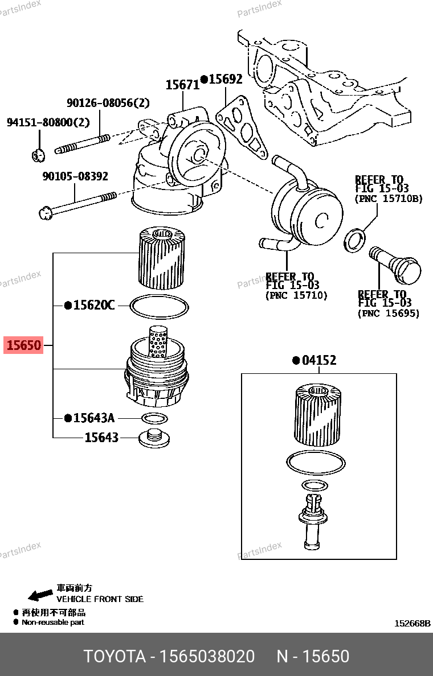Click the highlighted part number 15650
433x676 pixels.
(x=23, y=345)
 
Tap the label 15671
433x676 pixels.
(x=182, y=84)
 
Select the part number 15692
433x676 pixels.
(x=226, y=79)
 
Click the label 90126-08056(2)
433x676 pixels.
(x=108, y=102)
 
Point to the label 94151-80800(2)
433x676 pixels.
(x=48, y=122)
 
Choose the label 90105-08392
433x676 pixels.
(x=75, y=176)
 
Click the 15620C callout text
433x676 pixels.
(x=93, y=305)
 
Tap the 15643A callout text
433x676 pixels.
(x=93, y=418)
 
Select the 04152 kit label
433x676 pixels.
(x=318, y=360)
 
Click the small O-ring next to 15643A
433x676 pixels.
(x=154, y=418)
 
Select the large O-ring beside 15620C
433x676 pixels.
(x=159, y=306)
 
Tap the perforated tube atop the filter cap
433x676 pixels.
(x=158, y=341)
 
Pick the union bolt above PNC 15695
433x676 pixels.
(x=395, y=264)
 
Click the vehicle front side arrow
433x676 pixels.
(x=40, y=595)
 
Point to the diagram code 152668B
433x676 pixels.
(x=412, y=624)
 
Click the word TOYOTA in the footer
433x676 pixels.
(x=115, y=656)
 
